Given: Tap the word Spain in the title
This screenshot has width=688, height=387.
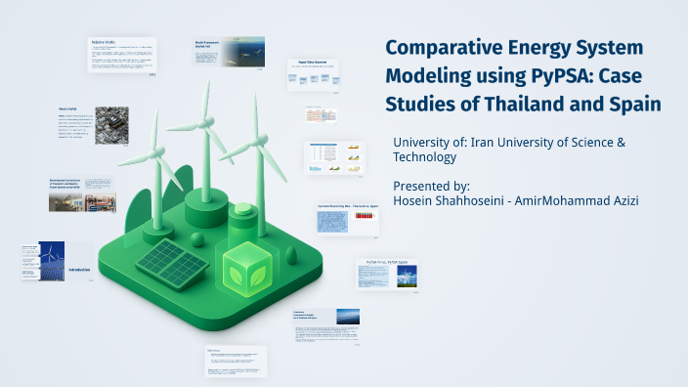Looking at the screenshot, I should click(x=630, y=103).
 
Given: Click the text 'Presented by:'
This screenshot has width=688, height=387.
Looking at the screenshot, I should click(x=431, y=185).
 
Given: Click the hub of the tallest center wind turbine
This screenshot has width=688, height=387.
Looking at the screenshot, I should click(x=207, y=124).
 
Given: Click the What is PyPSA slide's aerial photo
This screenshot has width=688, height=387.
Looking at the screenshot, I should click(x=110, y=125).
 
